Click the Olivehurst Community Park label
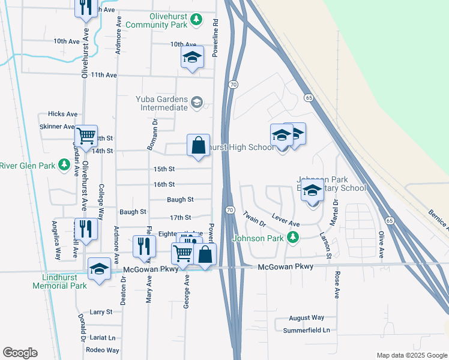(x=158, y=20)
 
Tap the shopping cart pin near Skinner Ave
(x=86, y=137)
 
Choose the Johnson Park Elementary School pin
(x=312, y=192)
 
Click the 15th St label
(x=164, y=169)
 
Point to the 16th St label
(x=164, y=184)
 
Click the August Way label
(x=306, y=317)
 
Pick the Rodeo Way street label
(x=103, y=350)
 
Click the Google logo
(x=20, y=353)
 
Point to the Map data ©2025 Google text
(x=411, y=355)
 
